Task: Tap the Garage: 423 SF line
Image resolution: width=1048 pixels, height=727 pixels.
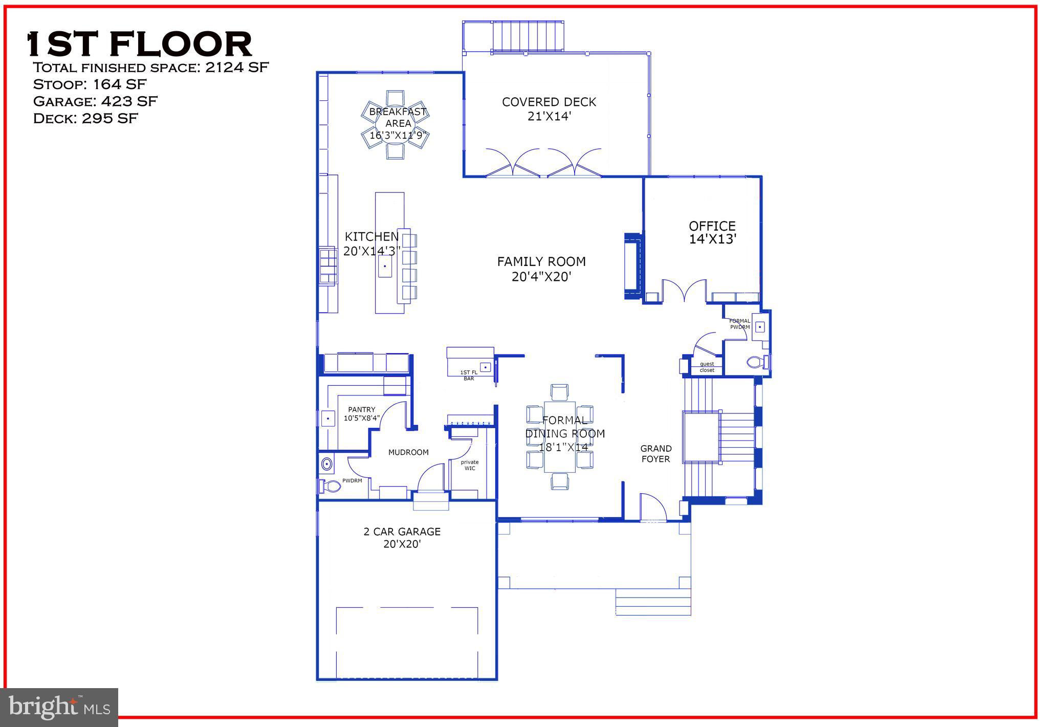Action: (95, 101)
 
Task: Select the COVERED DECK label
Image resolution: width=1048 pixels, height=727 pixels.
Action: (549, 102)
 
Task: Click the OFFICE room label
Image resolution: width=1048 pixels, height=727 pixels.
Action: (712, 226)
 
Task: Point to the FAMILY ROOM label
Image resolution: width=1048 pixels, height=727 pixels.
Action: (541, 262)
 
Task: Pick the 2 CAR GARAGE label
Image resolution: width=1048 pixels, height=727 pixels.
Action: (402, 532)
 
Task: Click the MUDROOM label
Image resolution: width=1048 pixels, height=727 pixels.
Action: (408, 452)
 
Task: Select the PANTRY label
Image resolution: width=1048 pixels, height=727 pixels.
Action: (362, 410)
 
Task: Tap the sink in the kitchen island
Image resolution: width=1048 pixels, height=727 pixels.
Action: (385, 267)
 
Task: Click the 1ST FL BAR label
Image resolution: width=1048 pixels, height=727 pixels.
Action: (469, 376)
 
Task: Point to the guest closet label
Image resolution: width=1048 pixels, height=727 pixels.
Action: (707, 367)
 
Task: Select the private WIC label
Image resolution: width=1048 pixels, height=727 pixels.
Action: (470, 465)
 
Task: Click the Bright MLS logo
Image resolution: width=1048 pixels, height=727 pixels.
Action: (60, 707)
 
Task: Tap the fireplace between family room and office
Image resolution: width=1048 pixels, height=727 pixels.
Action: (633, 266)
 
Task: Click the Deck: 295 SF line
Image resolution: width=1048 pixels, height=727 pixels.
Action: (85, 119)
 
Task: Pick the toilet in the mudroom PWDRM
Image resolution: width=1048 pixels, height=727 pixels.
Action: (331, 486)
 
